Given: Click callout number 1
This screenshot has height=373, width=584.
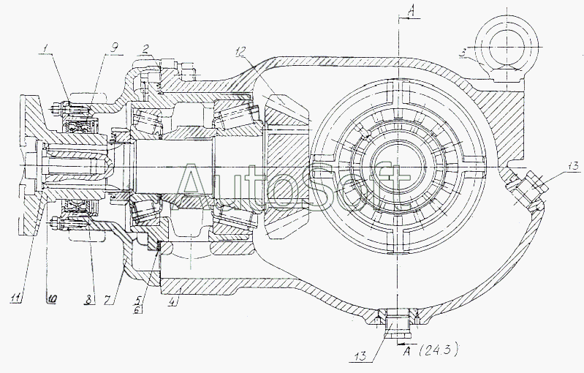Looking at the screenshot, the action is (x=45, y=49).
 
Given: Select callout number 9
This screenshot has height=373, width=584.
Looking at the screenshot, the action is (x=114, y=48).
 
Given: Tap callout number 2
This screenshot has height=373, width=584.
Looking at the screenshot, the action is (x=145, y=49).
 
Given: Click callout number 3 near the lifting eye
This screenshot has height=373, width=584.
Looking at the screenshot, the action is (x=462, y=53).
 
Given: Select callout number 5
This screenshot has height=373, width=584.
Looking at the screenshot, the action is (x=138, y=298).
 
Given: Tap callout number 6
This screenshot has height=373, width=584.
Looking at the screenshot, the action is (x=137, y=309).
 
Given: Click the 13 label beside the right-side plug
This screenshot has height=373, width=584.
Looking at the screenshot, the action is (x=573, y=166).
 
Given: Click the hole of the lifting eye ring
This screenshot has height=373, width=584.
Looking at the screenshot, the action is (x=507, y=47).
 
